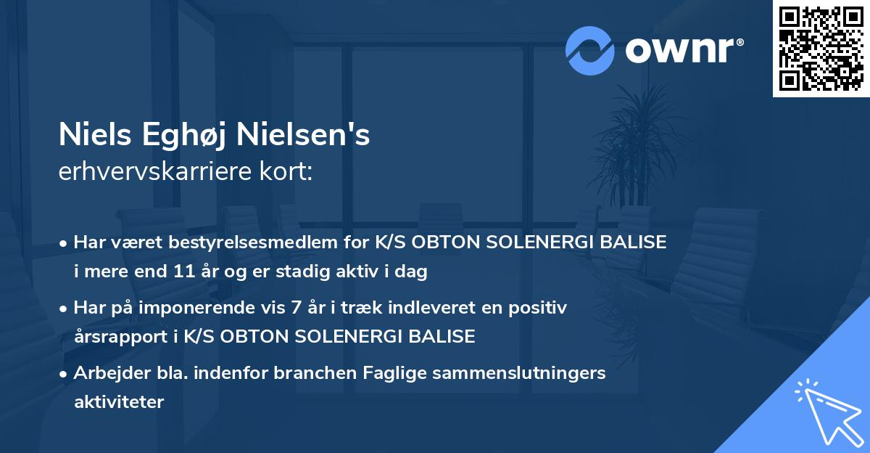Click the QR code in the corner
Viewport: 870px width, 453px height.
coord(821,48)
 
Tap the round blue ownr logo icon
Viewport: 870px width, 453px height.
coord(590,51)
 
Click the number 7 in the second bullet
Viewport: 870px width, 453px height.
coord(294,308)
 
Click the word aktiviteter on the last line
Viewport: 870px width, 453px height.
coord(119,401)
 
